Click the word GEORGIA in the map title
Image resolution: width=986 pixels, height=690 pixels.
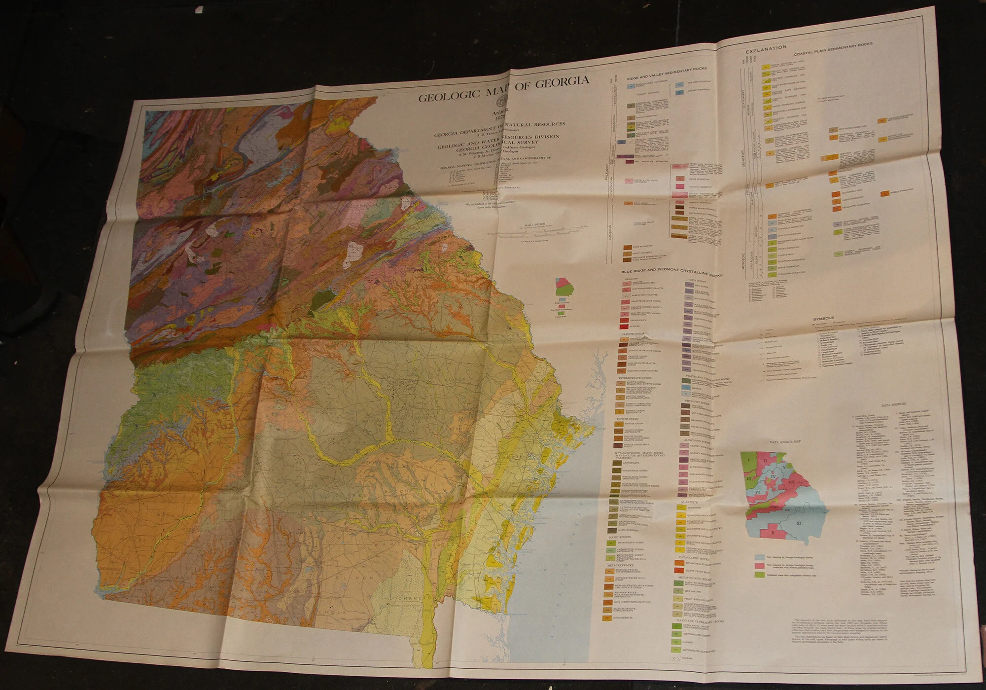click(562, 82)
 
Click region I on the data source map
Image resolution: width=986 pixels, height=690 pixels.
click(748, 460)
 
